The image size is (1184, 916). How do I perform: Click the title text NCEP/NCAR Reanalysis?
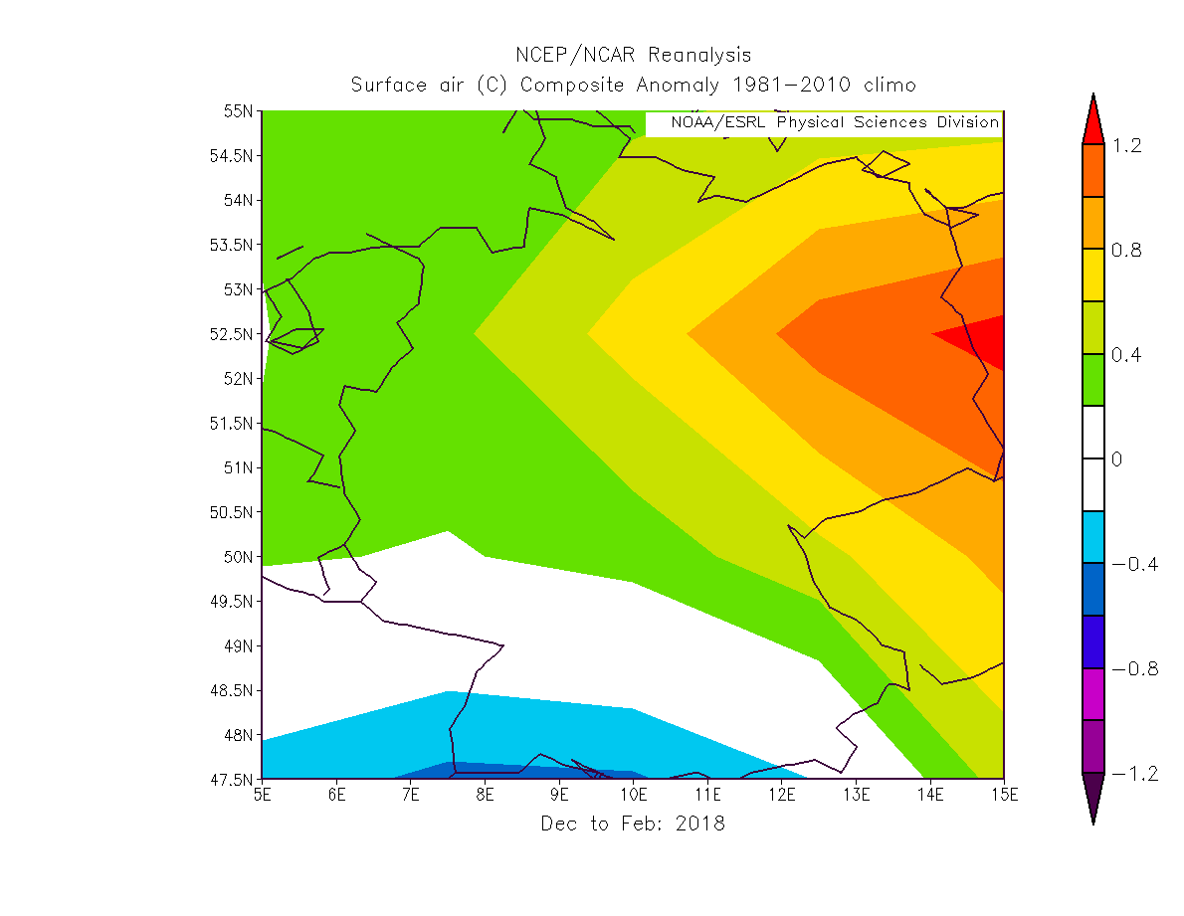point(633,55)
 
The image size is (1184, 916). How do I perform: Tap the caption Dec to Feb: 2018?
point(633,824)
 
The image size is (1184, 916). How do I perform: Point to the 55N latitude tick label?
point(239,110)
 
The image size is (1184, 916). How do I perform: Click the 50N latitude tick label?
point(239,557)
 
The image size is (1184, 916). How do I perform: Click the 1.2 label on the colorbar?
point(1126,145)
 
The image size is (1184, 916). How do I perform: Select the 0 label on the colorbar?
point(1117,459)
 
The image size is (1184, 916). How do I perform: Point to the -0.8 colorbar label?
point(1134,668)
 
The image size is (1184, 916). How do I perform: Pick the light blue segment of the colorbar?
point(1092,537)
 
